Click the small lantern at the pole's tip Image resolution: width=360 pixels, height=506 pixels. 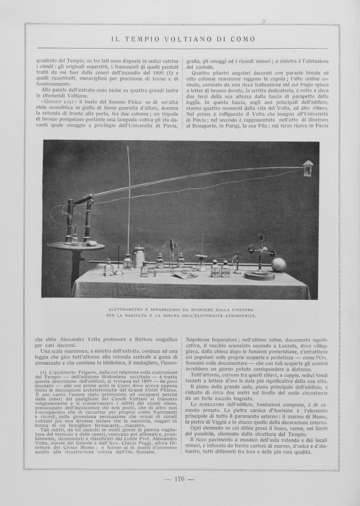308,168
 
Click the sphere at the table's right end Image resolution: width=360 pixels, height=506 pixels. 278,265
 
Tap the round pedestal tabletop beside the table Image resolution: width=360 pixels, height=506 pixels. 75,246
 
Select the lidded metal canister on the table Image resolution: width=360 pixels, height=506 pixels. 139,256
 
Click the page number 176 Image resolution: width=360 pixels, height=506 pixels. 179,479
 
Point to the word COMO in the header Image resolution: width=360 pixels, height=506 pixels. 243,39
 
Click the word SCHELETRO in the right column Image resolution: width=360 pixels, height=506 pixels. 212,405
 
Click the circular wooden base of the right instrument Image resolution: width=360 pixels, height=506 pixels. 259,276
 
